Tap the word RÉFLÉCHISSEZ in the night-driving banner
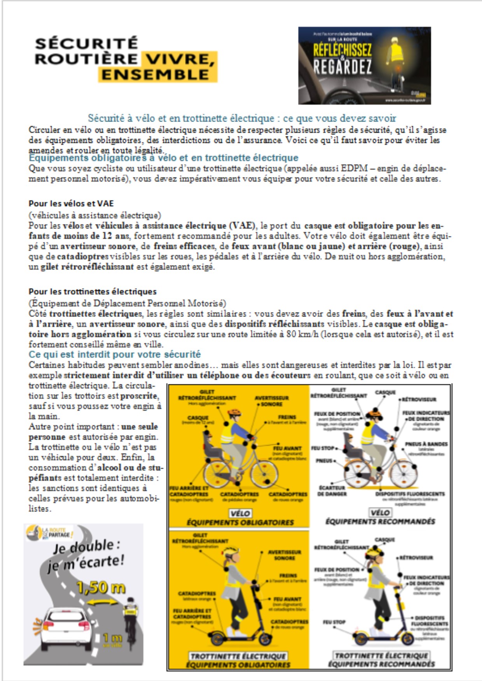[x=342, y=50]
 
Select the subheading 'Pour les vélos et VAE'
[x=71, y=203]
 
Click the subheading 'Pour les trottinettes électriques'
[x=93, y=292]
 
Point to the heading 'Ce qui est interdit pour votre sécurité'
[x=115, y=354]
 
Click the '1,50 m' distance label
[x=100, y=588]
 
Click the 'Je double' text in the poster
[x=84, y=548]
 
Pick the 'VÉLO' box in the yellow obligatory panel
[x=240, y=513]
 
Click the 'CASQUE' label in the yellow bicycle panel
[x=198, y=418]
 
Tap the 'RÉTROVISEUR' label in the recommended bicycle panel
[x=419, y=399]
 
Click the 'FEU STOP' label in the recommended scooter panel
[x=334, y=622]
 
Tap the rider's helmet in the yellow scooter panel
[x=230, y=550]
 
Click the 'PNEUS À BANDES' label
[x=426, y=444]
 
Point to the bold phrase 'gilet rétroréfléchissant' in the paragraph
[x=87, y=267]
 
